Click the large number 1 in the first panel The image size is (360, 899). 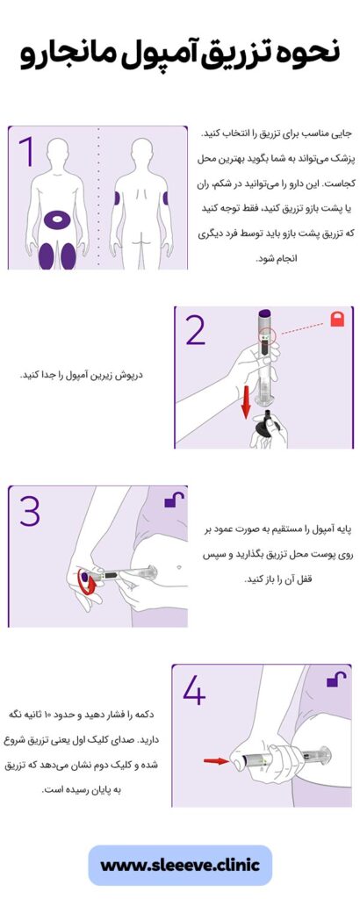[26, 151]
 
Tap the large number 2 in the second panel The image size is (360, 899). [196, 331]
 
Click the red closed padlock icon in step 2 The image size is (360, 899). [337, 321]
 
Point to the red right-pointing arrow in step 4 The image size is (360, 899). [216, 760]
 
